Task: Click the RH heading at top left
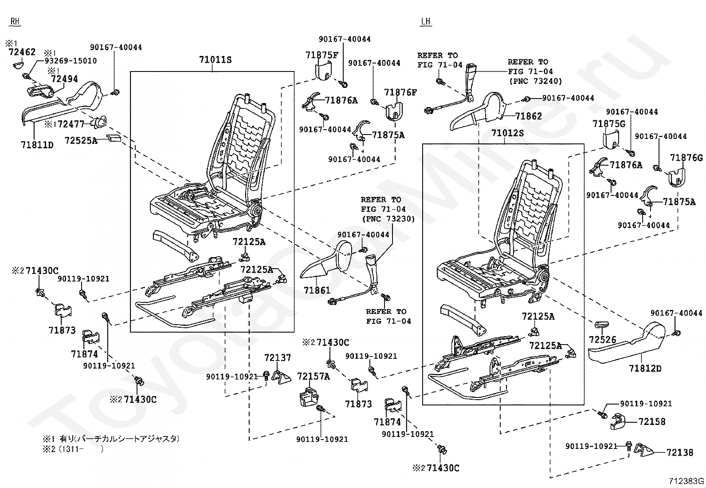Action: click(15, 21)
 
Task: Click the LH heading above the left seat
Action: click(425, 21)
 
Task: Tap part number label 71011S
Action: click(215, 60)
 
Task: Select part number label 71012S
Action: click(507, 133)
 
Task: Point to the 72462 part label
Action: click(22, 52)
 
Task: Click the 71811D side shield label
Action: click(37, 145)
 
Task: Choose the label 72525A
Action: click(81, 140)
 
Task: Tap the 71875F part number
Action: click(322, 55)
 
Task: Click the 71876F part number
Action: click(400, 92)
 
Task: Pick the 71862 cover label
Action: click(529, 116)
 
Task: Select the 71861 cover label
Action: click(317, 290)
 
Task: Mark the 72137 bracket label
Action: click(277, 357)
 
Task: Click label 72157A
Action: click(314, 376)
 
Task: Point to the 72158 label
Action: click(652, 422)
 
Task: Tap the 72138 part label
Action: click(680, 452)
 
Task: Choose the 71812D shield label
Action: click(645, 369)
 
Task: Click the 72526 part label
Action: click(602, 340)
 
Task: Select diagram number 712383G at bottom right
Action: click(686, 481)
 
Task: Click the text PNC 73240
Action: click(536, 81)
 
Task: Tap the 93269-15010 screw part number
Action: click(71, 60)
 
